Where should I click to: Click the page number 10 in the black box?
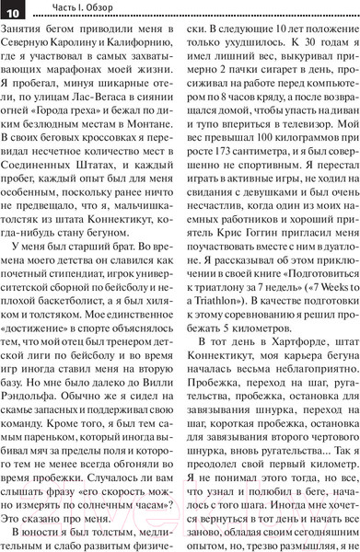coord(17,9)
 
